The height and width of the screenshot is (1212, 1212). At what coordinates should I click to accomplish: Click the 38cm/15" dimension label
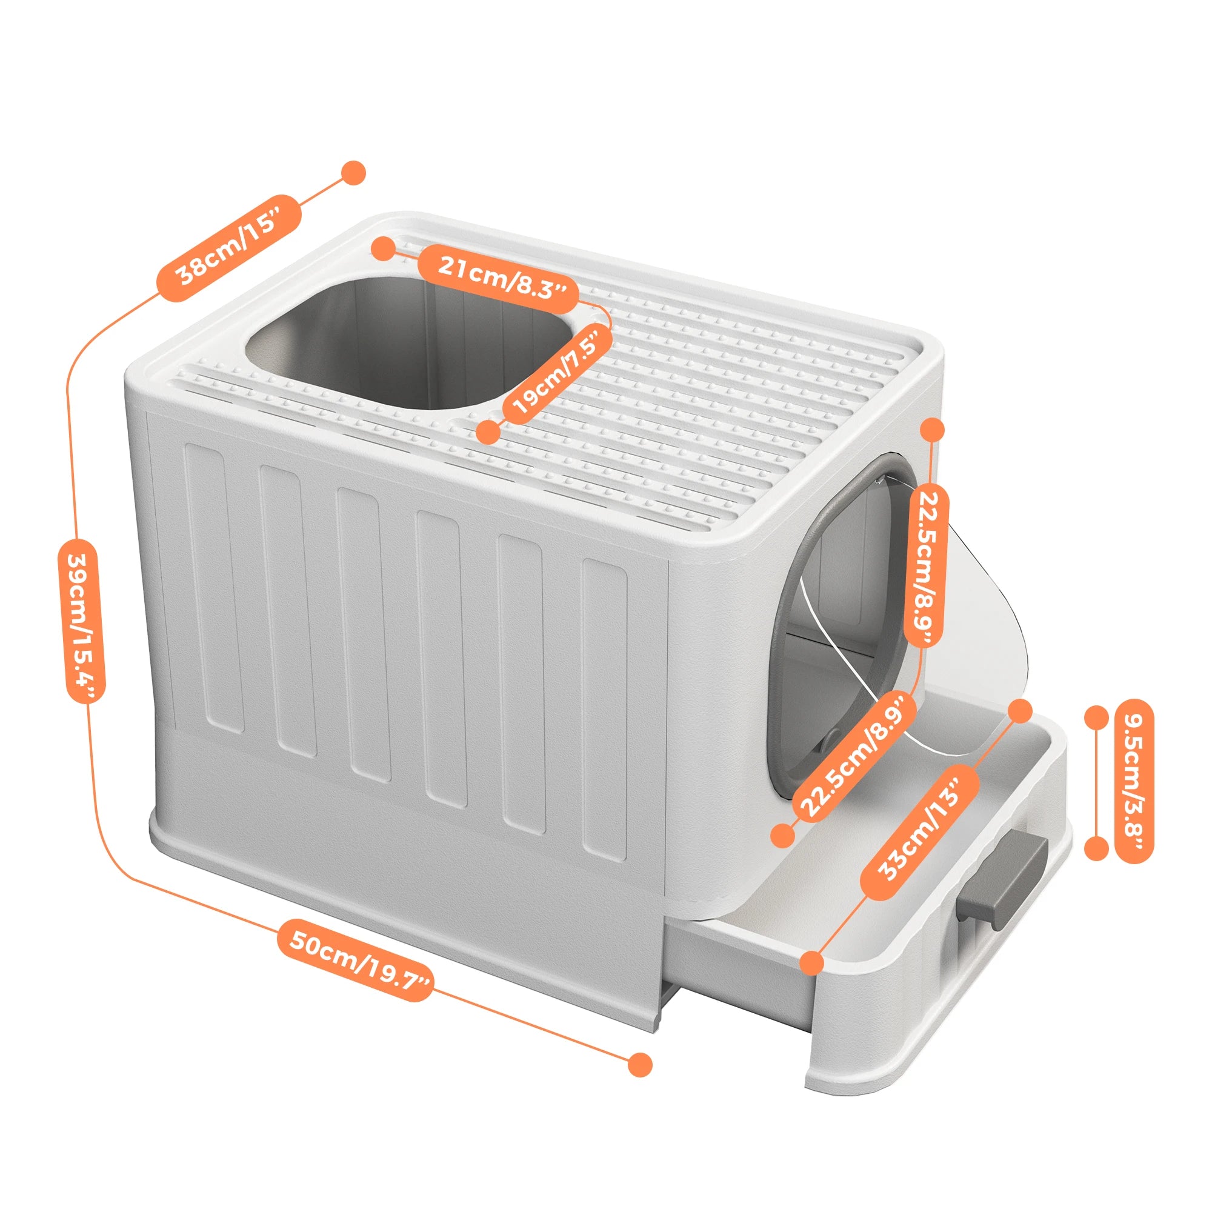[x=229, y=248]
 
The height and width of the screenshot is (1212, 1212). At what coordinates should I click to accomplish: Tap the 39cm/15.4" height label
[x=82, y=621]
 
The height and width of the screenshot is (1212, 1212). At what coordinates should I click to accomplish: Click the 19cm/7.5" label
[x=562, y=373]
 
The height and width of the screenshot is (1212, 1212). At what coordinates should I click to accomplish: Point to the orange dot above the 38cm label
[x=353, y=172]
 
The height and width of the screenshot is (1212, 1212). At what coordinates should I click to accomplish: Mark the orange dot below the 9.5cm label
[x=1097, y=848]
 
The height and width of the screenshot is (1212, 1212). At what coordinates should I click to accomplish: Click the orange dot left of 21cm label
[x=382, y=248]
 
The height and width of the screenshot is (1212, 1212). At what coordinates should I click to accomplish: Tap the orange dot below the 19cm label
[x=488, y=432]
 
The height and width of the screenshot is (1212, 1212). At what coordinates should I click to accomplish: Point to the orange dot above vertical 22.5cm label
[x=932, y=430]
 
